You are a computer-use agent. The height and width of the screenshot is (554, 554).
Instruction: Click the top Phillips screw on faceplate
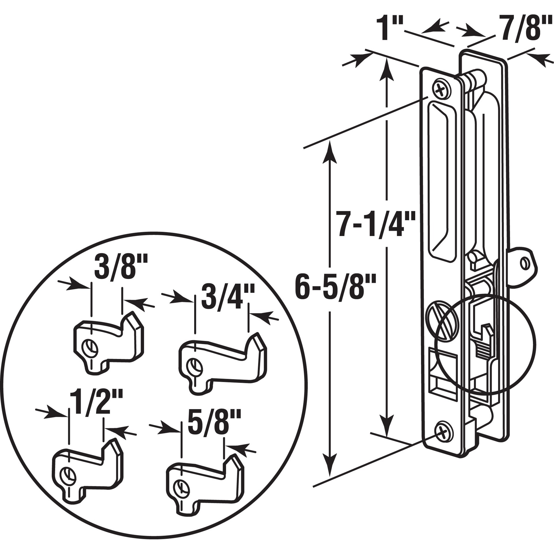click(x=441, y=91)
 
